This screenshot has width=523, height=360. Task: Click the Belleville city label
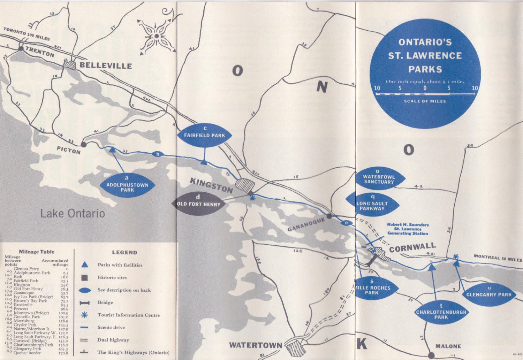106,66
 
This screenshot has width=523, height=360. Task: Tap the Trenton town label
40,52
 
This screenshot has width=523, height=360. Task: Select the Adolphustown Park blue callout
127,185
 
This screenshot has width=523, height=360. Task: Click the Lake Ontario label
73,213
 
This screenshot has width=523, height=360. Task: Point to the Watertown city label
256,345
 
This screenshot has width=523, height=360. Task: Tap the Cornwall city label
412,248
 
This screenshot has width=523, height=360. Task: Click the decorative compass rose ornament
157,36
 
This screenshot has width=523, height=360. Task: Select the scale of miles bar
425,93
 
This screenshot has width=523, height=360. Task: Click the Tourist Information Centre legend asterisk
84,315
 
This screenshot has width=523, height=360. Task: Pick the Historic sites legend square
84,277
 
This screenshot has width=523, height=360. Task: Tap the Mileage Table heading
37,252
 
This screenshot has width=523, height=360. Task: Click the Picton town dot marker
84,144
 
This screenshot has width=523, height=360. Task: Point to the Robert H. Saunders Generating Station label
408,229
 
